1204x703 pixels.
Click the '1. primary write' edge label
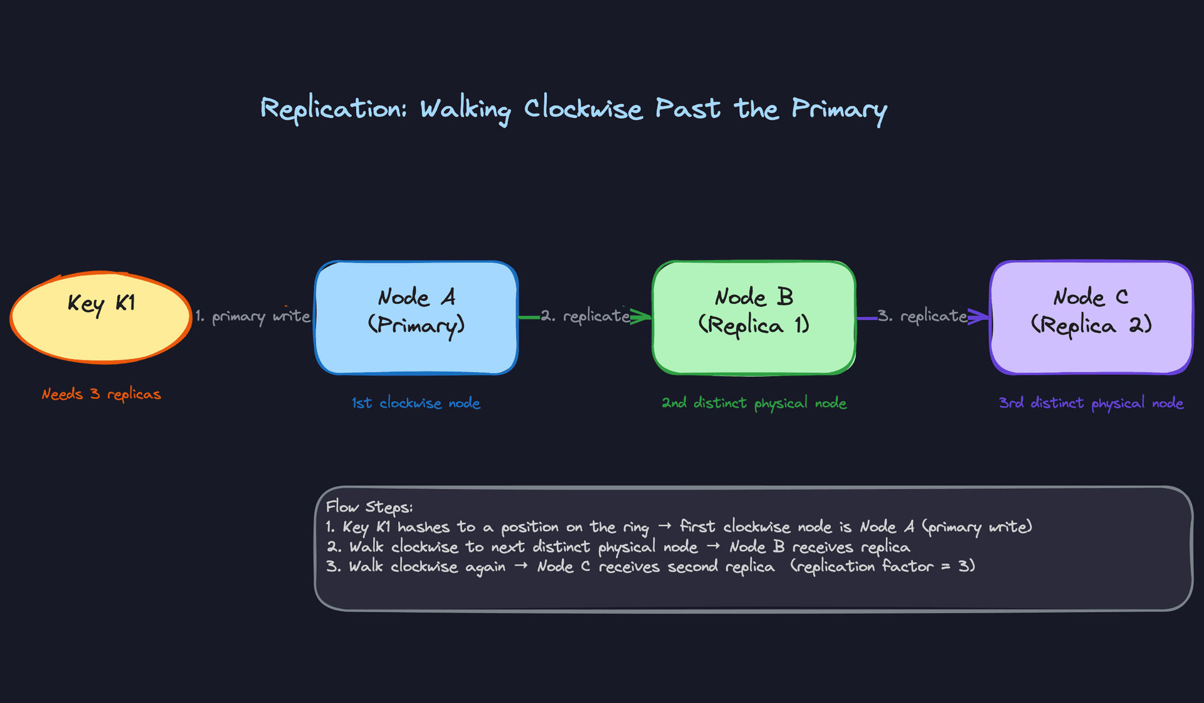point(253,316)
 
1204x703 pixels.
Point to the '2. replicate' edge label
point(585,316)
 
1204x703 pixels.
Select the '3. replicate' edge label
point(922,316)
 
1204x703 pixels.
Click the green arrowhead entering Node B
point(643,316)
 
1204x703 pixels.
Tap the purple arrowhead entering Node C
point(981,316)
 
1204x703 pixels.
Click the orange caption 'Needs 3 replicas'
point(101,394)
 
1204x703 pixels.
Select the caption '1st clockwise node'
point(416,403)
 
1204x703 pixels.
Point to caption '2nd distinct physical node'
point(754,403)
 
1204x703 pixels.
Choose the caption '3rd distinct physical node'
point(1091,403)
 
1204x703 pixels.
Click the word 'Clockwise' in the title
point(583,109)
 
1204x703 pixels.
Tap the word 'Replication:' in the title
point(334,109)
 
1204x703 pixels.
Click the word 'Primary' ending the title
point(839,110)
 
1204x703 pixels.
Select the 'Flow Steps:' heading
point(369,507)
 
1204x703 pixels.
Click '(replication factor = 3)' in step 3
point(882,566)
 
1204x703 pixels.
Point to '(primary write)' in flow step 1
point(977,527)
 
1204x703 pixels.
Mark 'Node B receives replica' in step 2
point(820,547)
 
